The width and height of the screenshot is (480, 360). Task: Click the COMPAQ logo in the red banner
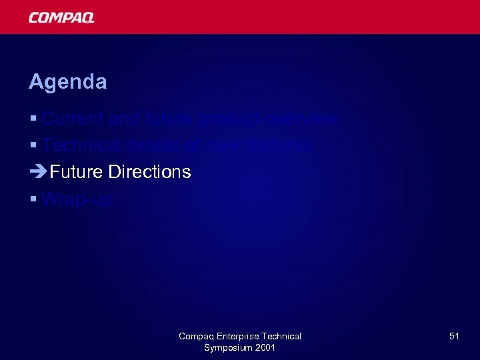61,17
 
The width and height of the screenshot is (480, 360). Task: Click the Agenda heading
67,82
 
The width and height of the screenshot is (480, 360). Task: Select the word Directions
149,172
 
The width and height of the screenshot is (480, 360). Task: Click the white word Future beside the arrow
76,172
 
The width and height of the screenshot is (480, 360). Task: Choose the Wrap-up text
77,199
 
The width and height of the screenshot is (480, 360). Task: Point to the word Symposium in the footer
229,348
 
